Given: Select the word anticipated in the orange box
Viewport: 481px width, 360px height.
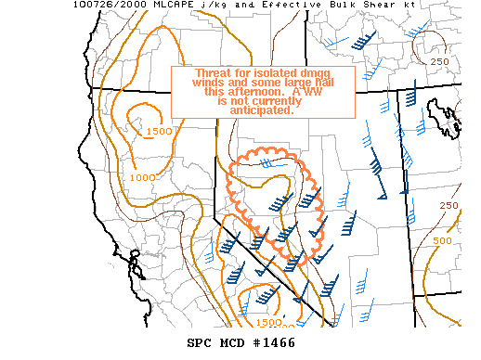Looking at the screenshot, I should (x=263, y=111).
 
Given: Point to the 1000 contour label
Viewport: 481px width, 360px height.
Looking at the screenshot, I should (x=142, y=177).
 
